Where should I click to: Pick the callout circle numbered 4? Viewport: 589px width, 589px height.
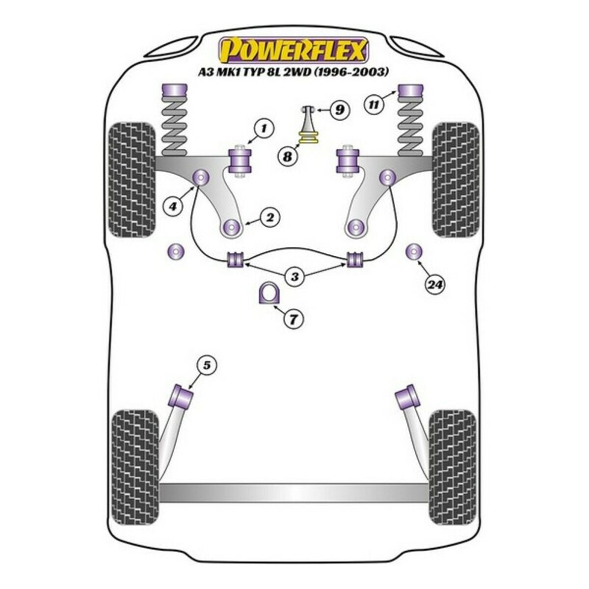(172, 207)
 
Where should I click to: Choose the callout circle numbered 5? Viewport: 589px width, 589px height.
(207, 365)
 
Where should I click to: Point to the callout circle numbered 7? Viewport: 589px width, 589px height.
(293, 320)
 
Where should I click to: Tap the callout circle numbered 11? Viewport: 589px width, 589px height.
(374, 104)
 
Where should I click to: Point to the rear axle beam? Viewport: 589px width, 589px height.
(294, 493)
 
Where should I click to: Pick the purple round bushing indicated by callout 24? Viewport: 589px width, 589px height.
(414, 252)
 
